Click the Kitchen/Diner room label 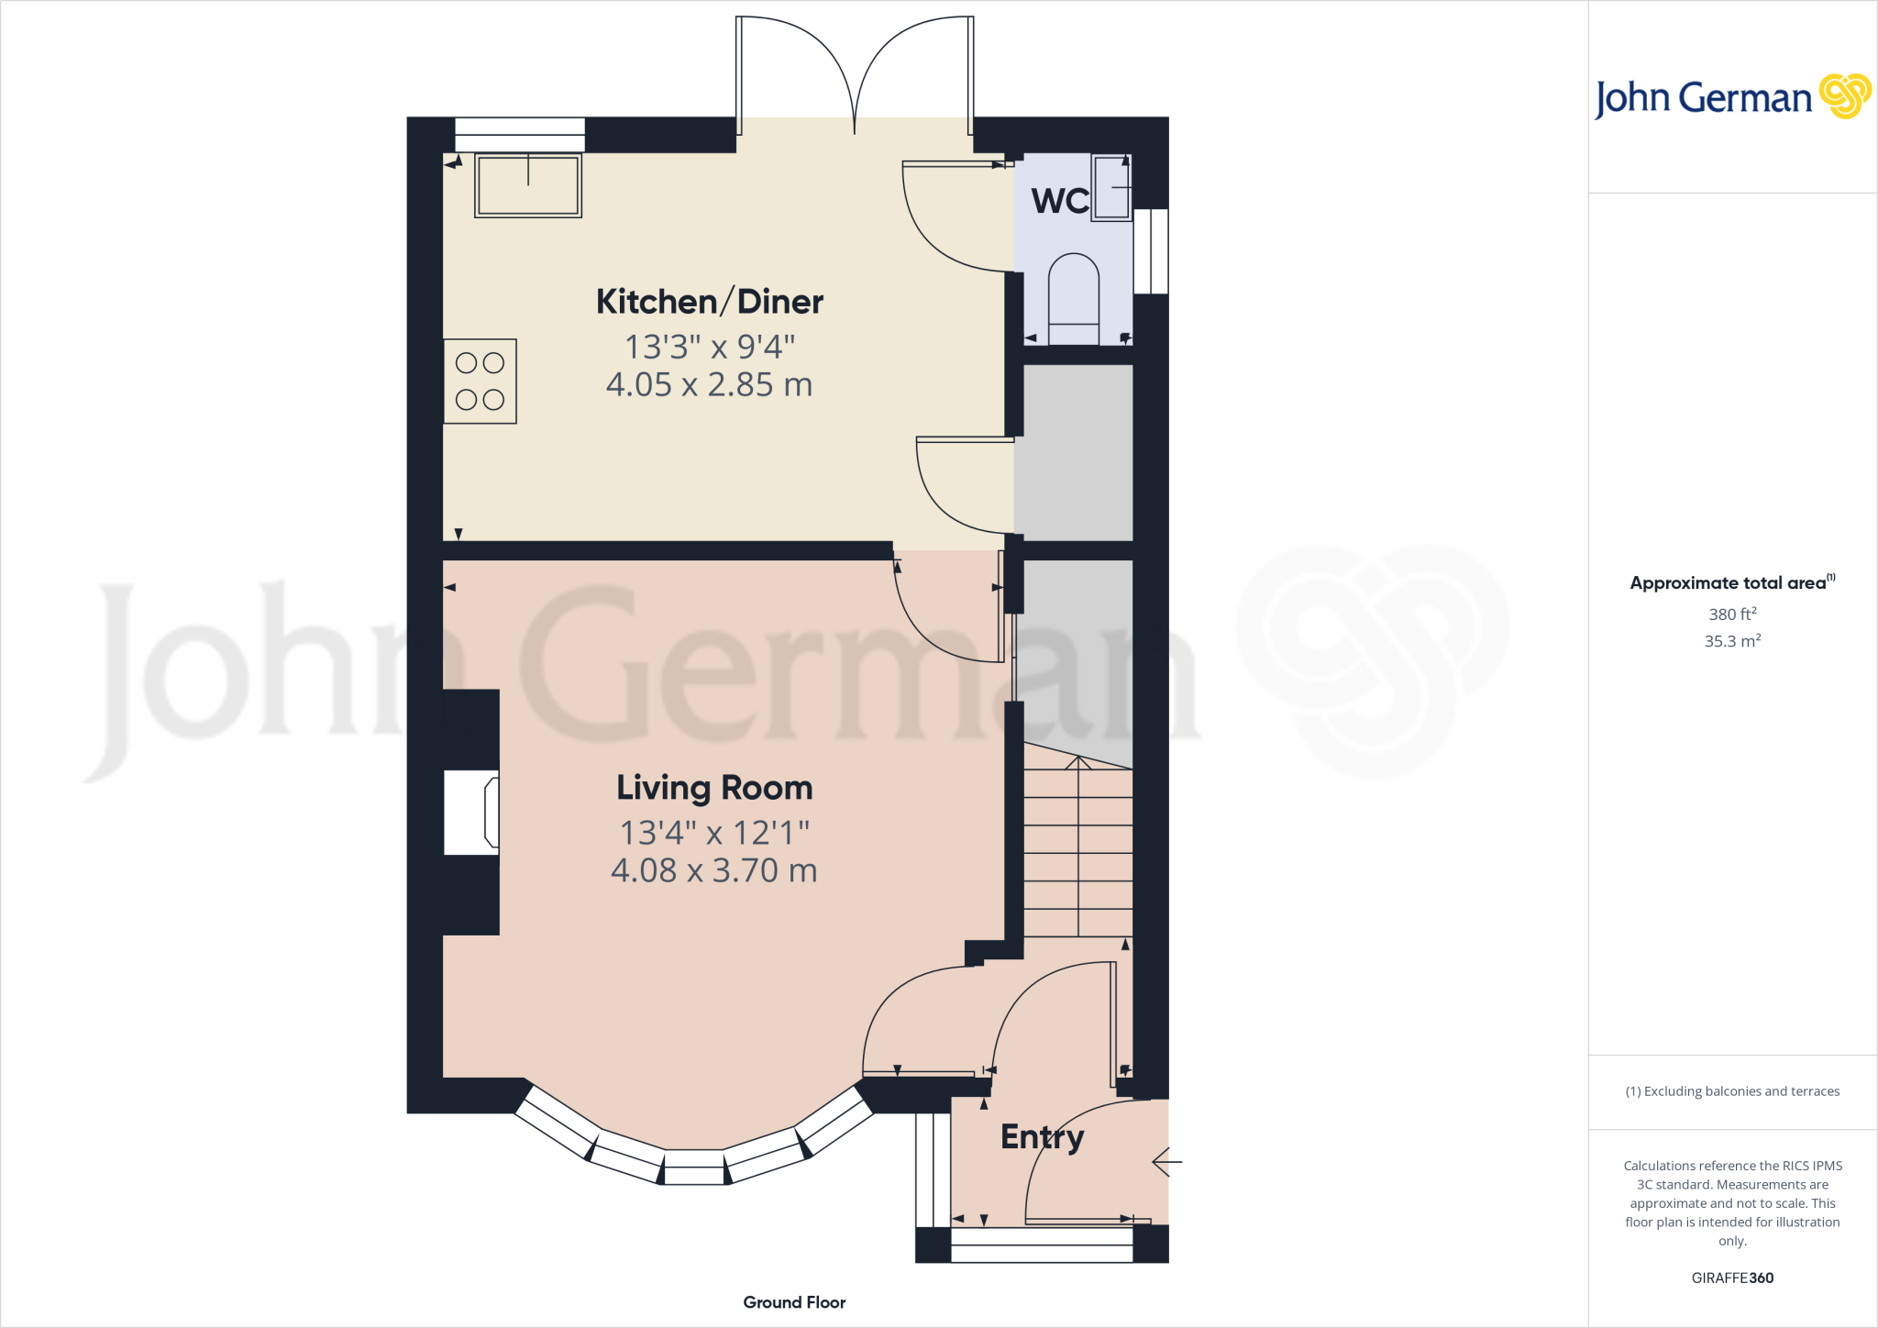point(710,302)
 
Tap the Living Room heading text point(714,788)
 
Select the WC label point(1060,201)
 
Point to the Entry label point(1042,1137)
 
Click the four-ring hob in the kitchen point(481,382)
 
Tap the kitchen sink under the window point(528,185)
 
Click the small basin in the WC point(1111,188)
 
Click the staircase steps point(1078,853)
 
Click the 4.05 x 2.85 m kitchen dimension point(709,385)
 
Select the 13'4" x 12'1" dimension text point(714,833)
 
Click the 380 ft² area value point(1732,614)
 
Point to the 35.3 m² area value point(1732,641)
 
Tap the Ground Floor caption point(794,1302)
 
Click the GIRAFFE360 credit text point(1732,1278)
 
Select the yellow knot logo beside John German point(1844,96)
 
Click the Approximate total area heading point(1732,582)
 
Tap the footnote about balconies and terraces point(1732,1091)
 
